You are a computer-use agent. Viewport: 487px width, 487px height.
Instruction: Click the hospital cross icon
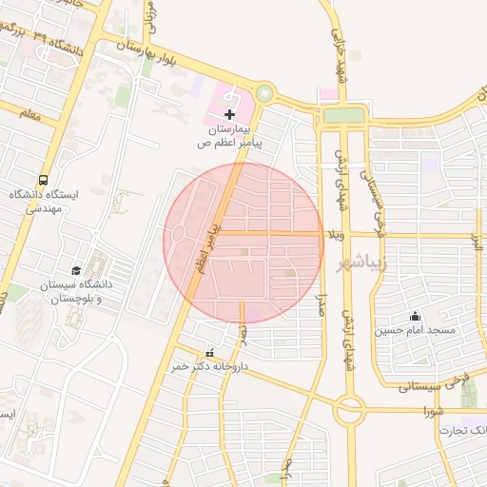[229, 113]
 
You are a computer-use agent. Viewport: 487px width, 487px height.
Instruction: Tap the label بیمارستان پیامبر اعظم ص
[228, 135]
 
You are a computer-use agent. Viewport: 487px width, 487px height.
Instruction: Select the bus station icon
[43, 180]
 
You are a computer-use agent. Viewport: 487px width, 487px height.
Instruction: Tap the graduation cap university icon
[76, 270]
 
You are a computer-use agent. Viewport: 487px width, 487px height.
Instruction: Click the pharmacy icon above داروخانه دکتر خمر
[209, 353]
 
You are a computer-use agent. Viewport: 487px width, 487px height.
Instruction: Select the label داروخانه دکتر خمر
[209, 366]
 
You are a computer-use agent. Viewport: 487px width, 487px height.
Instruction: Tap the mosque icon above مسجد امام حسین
[414, 316]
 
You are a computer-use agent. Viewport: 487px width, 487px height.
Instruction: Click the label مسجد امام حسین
[414, 330]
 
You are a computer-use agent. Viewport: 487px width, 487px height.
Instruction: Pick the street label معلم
[29, 114]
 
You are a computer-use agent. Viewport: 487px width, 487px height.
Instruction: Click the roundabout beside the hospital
[263, 94]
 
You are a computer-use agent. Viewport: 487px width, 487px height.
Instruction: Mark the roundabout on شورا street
[349, 411]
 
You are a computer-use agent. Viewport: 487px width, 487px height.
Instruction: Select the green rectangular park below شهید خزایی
[343, 115]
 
